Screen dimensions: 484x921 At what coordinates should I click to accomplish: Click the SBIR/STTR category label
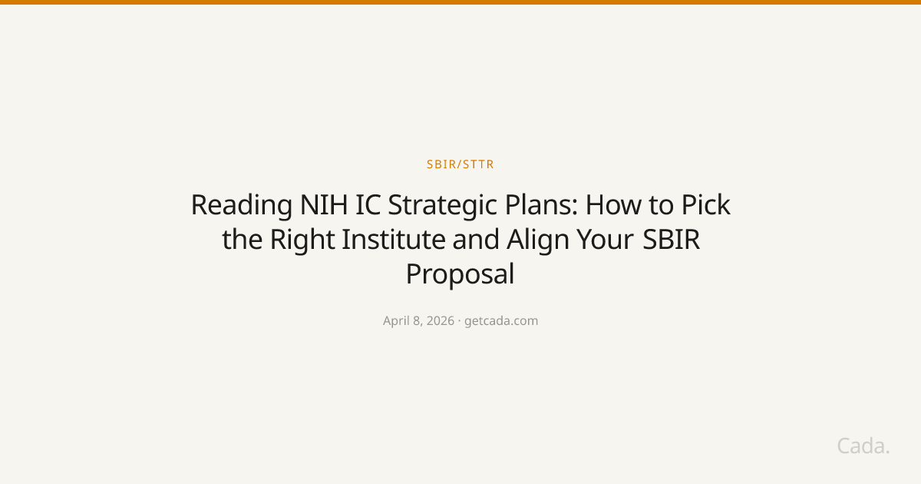click(x=460, y=164)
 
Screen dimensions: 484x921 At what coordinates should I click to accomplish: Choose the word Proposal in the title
click(x=460, y=274)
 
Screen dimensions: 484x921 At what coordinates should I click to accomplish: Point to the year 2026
click(x=440, y=321)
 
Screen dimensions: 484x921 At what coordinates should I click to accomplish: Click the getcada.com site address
click(x=501, y=321)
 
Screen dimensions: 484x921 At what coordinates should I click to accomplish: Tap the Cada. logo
click(x=863, y=446)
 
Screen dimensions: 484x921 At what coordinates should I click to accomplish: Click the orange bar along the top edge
click(x=460, y=2)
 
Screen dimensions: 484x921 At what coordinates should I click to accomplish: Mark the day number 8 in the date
click(x=418, y=321)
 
